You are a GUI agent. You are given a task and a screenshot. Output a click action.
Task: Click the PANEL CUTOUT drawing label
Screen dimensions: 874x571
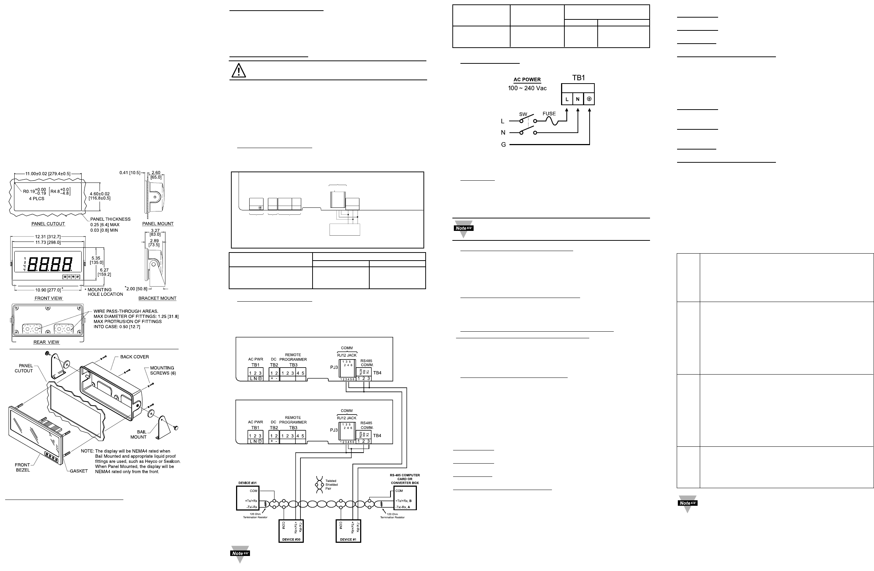[48, 224]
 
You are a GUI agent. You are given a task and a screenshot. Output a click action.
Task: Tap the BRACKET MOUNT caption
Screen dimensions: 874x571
[157, 298]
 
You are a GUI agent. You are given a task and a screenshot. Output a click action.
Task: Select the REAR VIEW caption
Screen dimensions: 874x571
[46, 342]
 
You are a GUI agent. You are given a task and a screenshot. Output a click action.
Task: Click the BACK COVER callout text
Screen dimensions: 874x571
[134, 357]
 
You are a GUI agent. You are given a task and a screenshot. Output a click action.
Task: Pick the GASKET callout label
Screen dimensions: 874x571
[79, 471]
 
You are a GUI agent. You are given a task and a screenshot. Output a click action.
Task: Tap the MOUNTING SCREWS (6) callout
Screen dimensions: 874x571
[162, 370]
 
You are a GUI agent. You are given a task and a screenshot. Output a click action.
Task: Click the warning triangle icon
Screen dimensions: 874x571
[239, 70]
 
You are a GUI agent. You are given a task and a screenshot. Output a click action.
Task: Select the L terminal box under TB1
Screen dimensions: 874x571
[567, 99]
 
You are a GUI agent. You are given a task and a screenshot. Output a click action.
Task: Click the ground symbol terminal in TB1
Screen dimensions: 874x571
[589, 99]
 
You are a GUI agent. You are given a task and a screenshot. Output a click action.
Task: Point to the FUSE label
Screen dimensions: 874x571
[549, 114]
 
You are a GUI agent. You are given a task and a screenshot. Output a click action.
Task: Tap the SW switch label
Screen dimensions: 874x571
[523, 114]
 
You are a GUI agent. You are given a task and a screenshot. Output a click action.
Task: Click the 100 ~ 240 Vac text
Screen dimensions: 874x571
[527, 88]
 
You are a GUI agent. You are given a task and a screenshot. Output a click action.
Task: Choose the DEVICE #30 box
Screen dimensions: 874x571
[291, 531]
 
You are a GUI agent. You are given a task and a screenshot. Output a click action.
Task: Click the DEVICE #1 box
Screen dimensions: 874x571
[348, 531]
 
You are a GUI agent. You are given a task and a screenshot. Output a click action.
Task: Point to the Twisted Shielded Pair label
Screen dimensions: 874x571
[331, 485]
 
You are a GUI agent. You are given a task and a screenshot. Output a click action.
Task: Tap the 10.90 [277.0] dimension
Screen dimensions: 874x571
[48, 290]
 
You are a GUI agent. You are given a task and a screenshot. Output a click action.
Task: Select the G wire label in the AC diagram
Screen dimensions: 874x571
[504, 145]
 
